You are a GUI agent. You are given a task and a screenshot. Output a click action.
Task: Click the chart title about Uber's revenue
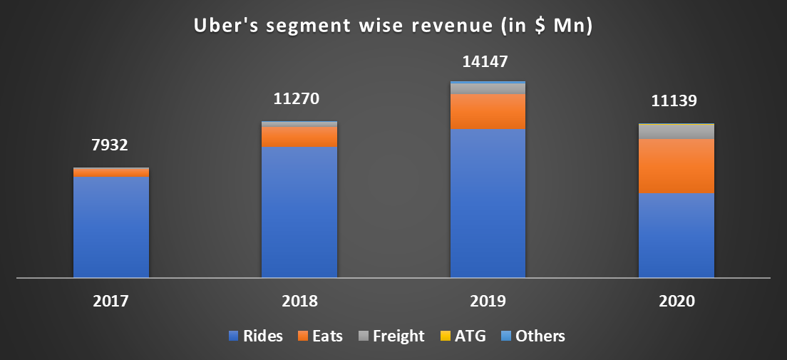point(394,26)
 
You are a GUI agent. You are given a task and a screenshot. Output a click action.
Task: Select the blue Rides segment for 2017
point(111,227)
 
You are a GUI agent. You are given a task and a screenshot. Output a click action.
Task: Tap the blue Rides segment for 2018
point(299,212)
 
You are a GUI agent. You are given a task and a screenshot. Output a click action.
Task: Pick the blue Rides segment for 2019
point(488,203)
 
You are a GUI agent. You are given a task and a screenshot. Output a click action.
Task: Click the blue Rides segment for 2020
point(676,235)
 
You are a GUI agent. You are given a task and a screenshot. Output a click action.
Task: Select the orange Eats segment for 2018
point(299,136)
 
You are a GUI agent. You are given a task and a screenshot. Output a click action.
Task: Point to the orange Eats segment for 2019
point(488,111)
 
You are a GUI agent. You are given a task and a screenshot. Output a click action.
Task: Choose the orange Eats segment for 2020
point(676,166)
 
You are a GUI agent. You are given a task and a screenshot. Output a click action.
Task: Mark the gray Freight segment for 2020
point(676,132)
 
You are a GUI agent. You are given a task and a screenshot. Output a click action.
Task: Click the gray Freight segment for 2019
point(488,88)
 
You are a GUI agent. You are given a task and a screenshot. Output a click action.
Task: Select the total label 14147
point(487,61)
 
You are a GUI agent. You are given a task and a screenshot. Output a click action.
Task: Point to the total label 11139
point(676,102)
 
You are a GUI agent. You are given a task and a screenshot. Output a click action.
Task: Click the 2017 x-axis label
point(110,301)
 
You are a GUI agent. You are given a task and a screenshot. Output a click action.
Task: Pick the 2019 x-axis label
point(488,301)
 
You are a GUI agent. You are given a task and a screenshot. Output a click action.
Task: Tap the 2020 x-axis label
point(676,301)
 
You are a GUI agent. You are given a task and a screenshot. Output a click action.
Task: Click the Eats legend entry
point(320,336)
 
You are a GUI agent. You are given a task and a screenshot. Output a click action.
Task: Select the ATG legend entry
point(464,336)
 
